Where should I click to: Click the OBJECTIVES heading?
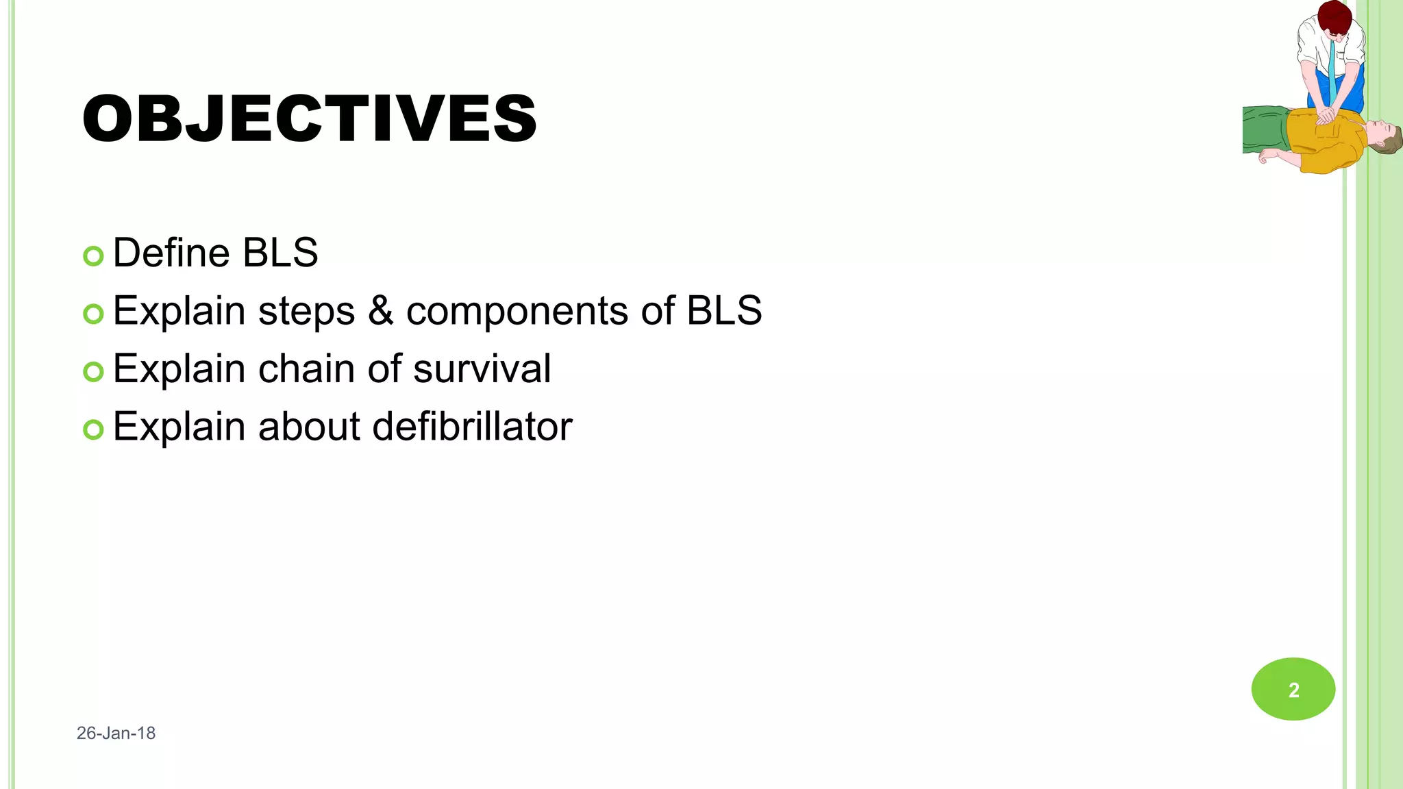point(310,118)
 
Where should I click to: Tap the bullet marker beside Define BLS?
point(93,255)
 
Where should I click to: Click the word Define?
point(171,253)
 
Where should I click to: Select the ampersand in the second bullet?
point(380,310)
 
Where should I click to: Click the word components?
point(517,312)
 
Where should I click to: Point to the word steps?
point(306,312)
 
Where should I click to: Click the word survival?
point(482,368)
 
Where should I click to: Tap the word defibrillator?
point(472,426)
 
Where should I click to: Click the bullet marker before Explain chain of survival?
point(93,371)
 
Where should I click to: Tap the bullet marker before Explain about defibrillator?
point(93,429)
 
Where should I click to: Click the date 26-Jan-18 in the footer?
point(116,733)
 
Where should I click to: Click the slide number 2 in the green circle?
point(1293,690)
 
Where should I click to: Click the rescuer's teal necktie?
point(1331,65)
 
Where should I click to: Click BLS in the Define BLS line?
point(280,253)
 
